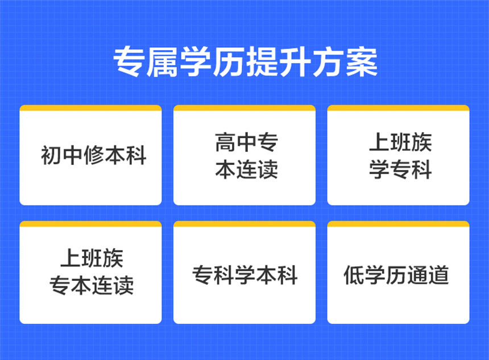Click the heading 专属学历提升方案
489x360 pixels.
click(x=244, y=61)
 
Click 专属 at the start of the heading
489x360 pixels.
click(x=146, y=61)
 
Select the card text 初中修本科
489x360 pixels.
click(x=94, y=155)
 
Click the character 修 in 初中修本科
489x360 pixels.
click(x=94, y=155)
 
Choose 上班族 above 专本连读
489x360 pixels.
click(x=92, y=259)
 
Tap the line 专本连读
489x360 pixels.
click(x=92, y=285)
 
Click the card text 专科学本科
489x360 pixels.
click(x=245, y=275)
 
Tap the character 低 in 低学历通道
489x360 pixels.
click(x=353, y=275)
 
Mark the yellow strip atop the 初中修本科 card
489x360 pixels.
click(x=90, y=107)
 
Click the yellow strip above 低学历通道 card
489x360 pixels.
click(x=398, y=224)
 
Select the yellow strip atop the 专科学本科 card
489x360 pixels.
click(x=244, y=224)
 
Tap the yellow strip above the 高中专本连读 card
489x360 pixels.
click(x=244, y=107)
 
